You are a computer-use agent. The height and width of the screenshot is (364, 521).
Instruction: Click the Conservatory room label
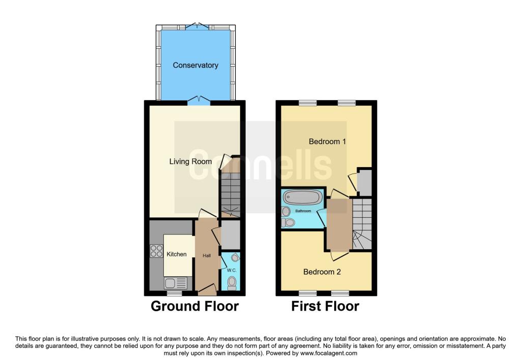click(195, 65)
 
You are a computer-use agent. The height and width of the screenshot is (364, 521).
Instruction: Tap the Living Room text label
click(190, 161)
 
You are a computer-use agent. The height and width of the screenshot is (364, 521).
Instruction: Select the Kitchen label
click(177, 254)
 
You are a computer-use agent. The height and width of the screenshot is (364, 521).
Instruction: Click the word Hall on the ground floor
click(207, 255)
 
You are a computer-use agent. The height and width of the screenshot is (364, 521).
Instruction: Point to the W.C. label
click(231, 270)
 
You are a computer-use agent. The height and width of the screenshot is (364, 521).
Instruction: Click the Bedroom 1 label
click(327, 142)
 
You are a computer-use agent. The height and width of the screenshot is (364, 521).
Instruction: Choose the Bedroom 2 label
click(322, 272)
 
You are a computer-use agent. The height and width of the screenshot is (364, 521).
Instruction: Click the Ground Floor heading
click(195, 306)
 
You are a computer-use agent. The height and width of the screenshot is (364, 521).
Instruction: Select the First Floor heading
click(325, 306)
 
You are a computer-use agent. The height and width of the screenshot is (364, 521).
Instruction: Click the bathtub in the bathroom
click(302, 197)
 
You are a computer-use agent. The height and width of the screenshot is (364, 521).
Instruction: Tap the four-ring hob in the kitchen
click(156, 251)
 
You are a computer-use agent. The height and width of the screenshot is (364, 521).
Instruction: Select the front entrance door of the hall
click(207, 290)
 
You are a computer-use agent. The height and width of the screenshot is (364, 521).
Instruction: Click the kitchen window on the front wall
click(175, 293)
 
